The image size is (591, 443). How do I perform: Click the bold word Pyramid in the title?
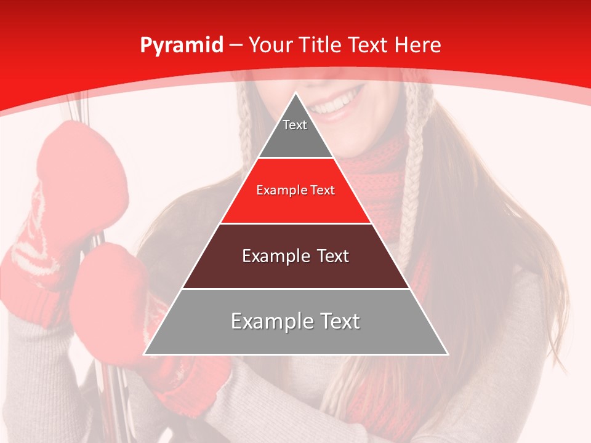click(182, 46)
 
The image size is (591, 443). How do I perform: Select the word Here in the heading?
click(417, 45)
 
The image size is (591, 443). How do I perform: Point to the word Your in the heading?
click(271, 45)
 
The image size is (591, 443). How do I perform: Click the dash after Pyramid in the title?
click(236, 46)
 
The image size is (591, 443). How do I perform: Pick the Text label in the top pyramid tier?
click(295, 125)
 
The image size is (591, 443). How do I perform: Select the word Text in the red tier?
click(323, 191)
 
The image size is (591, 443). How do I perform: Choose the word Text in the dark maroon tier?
click(333, 257)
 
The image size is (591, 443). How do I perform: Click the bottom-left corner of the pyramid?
click(144, 354)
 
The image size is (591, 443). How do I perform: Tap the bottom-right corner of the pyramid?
click(448, 354)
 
